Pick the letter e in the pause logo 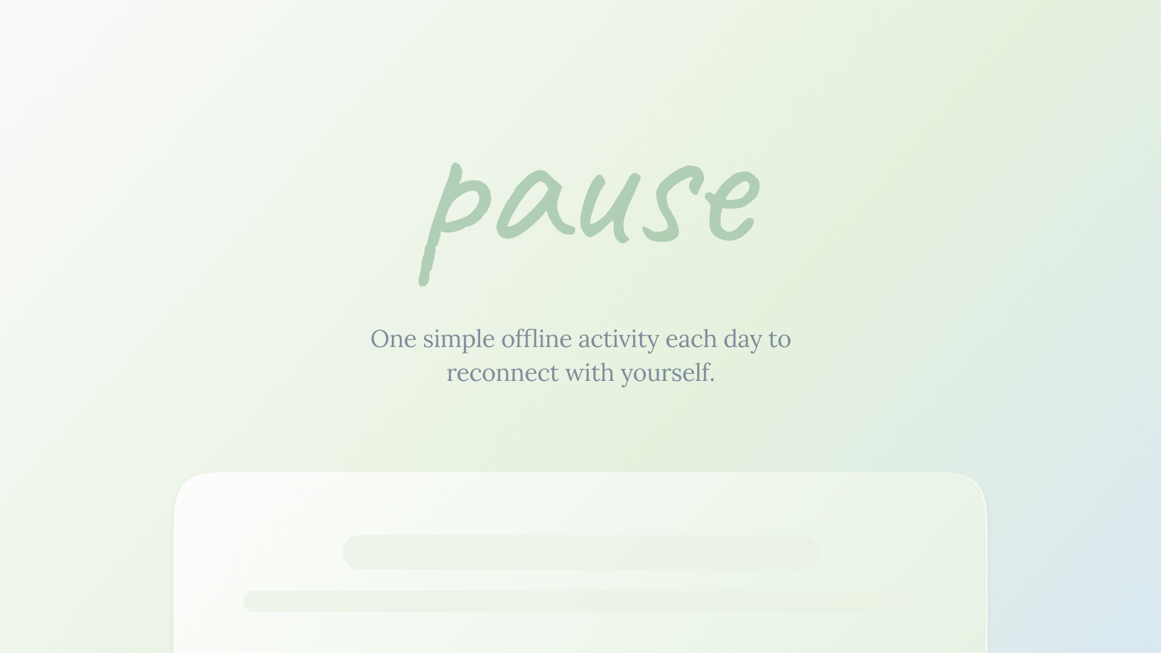(x=732, y=206)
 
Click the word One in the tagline (x=393, y=339)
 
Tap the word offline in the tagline (x=536, y=339)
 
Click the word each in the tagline (x=691, y=339)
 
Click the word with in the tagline (x=590, y=372)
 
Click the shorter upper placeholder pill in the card (x=580, y=552)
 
